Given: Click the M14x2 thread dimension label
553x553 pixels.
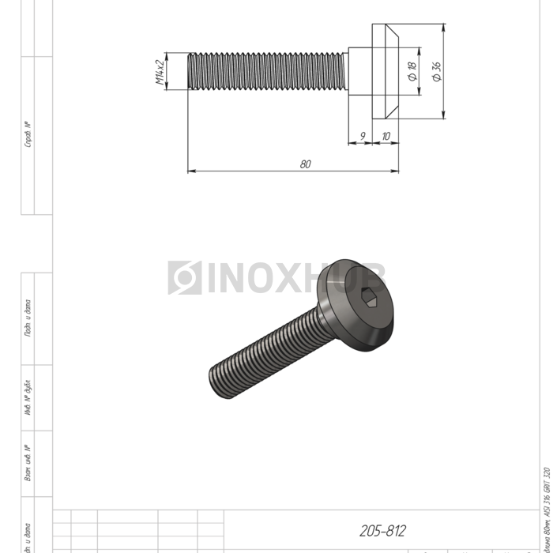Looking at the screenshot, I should (x=160, y=72).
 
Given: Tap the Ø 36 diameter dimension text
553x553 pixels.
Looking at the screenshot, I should (x=437, y=72).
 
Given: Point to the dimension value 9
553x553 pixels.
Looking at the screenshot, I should (x=362, y=136).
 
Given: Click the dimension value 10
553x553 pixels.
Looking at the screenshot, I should (x=386, y=136).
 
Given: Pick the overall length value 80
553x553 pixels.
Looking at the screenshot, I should (x=305, y=164).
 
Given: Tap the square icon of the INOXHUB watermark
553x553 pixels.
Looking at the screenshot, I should (x=184, y=278).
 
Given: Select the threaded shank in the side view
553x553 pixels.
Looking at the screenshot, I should (x=267, y=72).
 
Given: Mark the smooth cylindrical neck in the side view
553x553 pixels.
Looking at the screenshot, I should (x=358, y=72).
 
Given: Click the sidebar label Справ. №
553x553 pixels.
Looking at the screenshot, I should (x=28, y=134).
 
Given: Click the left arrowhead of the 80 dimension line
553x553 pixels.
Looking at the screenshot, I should (x=190, y=170).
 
